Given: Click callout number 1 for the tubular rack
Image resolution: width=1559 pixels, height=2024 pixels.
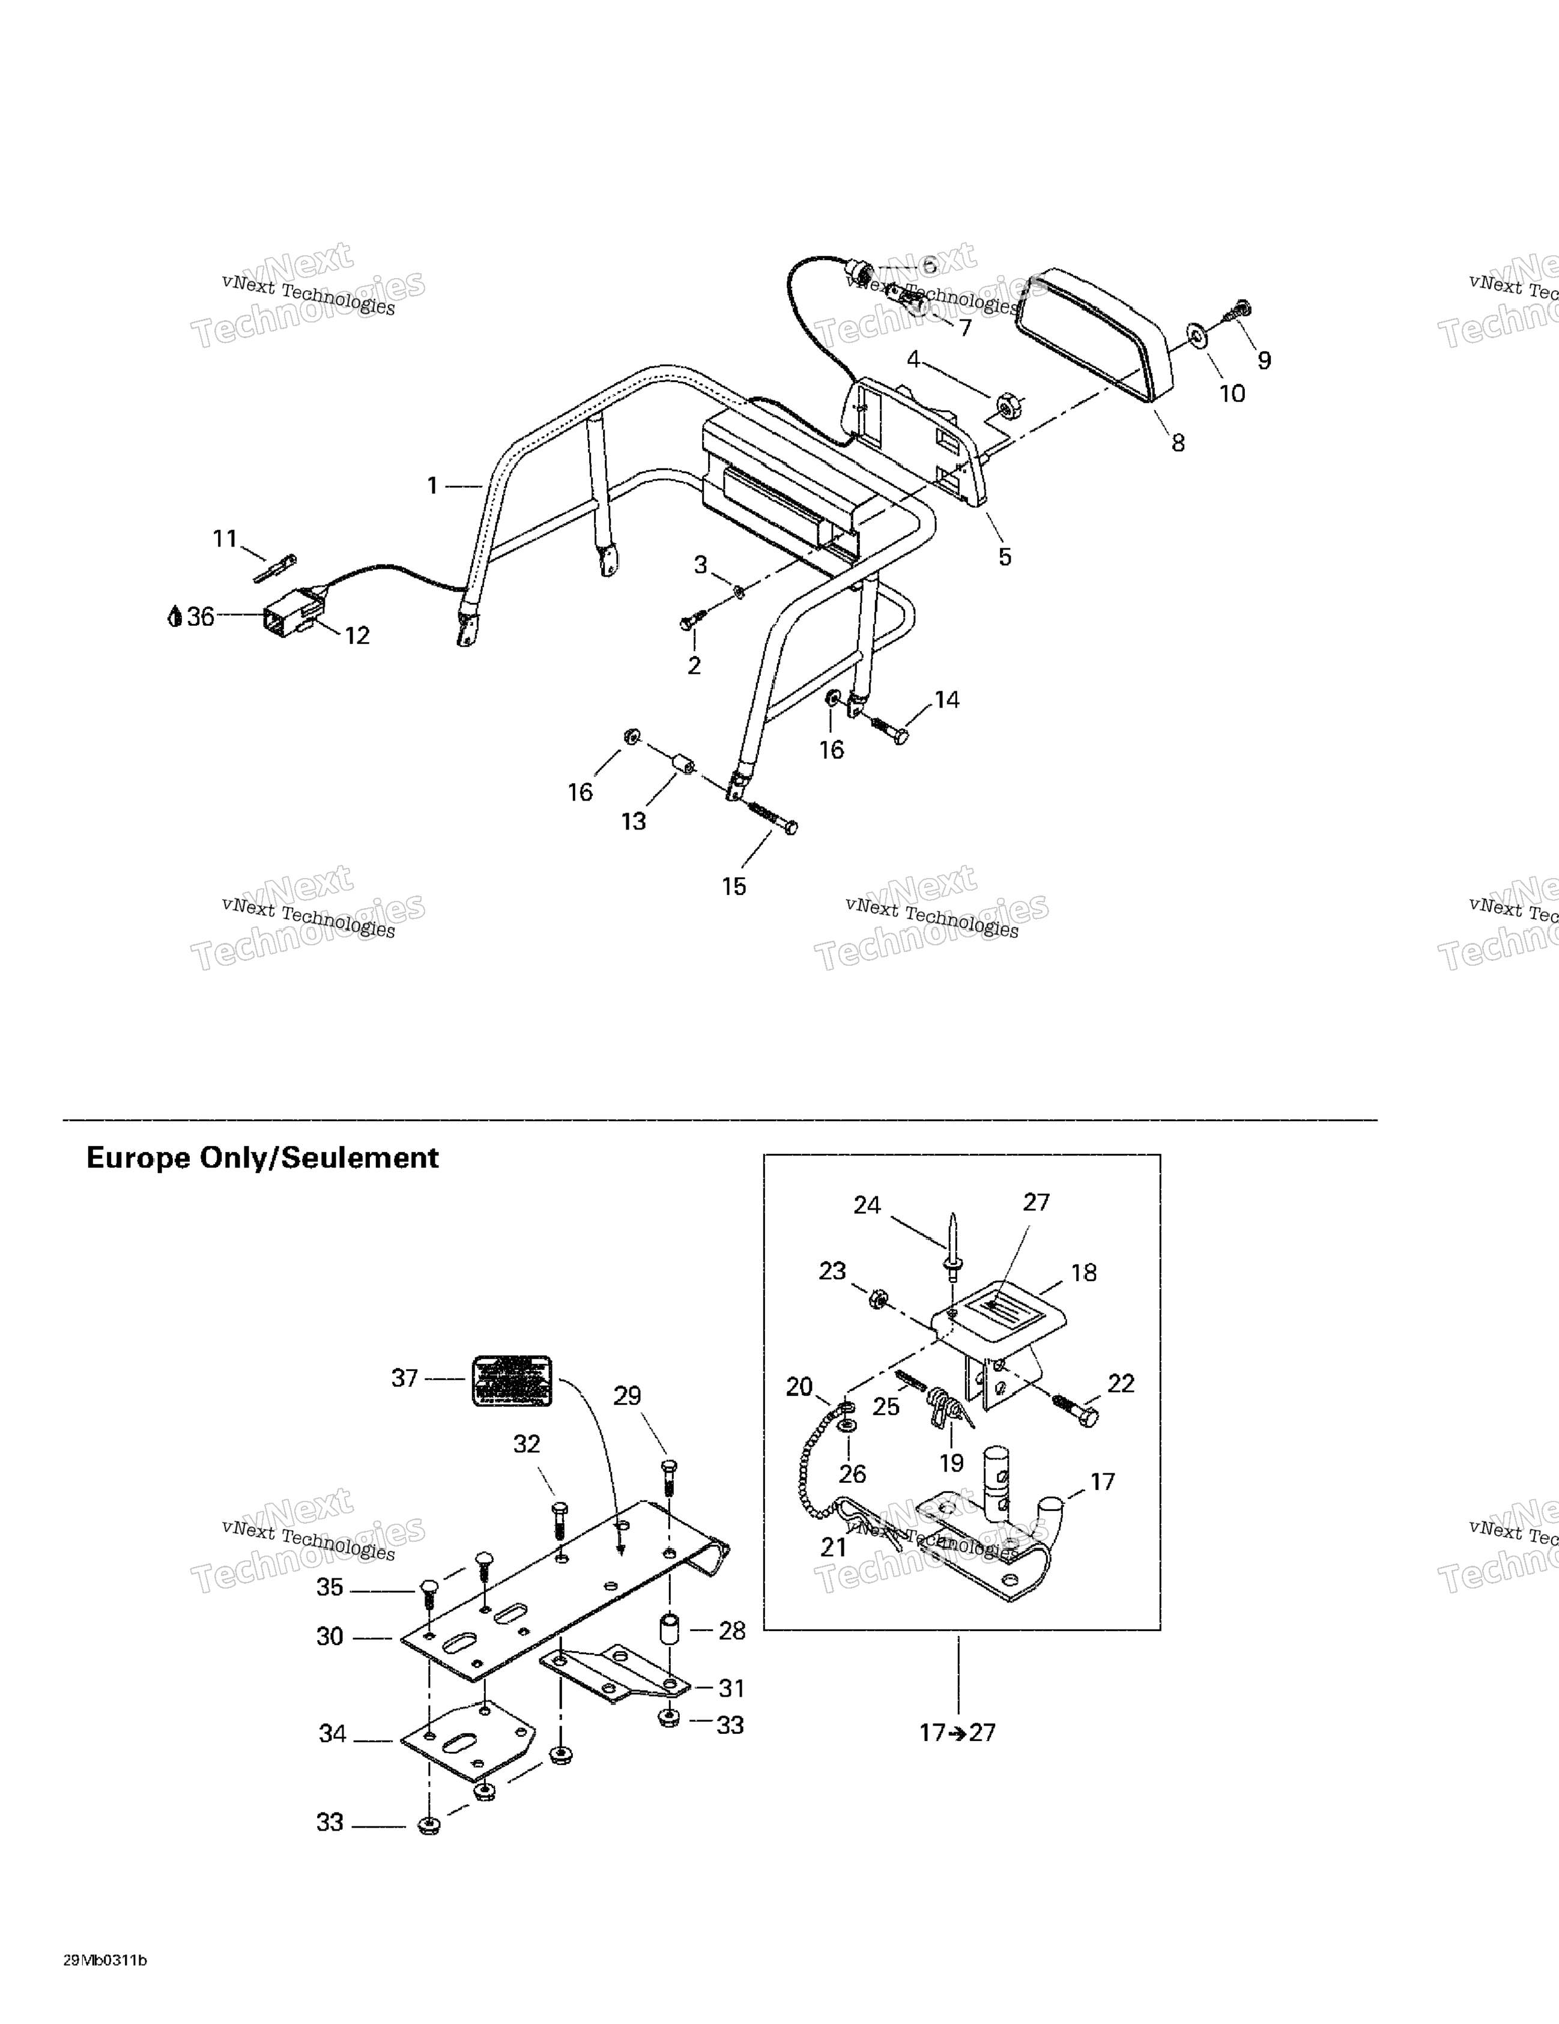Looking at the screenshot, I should click(x=432, y=486).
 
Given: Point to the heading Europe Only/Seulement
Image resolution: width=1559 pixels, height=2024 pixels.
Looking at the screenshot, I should click(x=262, y=1159).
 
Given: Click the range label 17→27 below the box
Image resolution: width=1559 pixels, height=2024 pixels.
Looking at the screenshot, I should click(x=957, y=1732).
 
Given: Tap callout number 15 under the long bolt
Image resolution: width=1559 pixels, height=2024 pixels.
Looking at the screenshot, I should click(x=734, y=887).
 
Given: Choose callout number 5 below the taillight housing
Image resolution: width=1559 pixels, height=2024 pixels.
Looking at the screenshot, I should click(x=1005, y=557).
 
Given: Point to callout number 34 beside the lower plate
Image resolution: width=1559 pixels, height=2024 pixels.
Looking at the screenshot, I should click(x=333, y=1734).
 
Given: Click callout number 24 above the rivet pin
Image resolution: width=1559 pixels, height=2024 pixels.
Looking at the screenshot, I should click(x=867, y=1205).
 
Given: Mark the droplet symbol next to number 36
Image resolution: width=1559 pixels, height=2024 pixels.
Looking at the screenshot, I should click(x=174, y=616).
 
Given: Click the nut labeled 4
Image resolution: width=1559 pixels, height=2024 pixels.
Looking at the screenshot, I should click(x=1005, y=406).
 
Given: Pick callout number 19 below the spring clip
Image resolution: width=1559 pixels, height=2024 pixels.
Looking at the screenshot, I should click(x=952, y=1463).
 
